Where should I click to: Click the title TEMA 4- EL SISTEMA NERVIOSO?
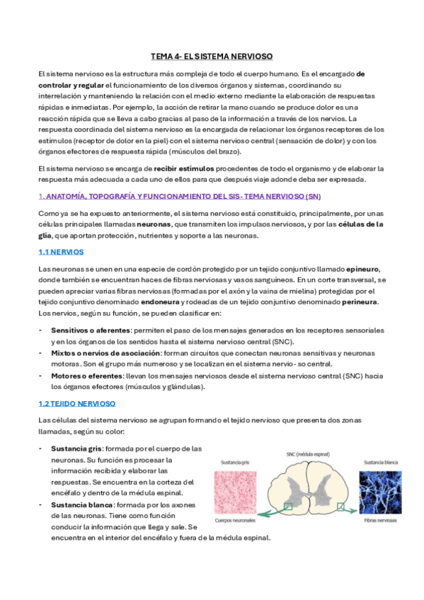click(x=212, y=56)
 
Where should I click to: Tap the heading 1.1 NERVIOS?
click(x=60, y=251)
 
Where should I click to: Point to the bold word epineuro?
click(x=362, y=270)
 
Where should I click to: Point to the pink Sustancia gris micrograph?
click(x=237, y=492)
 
